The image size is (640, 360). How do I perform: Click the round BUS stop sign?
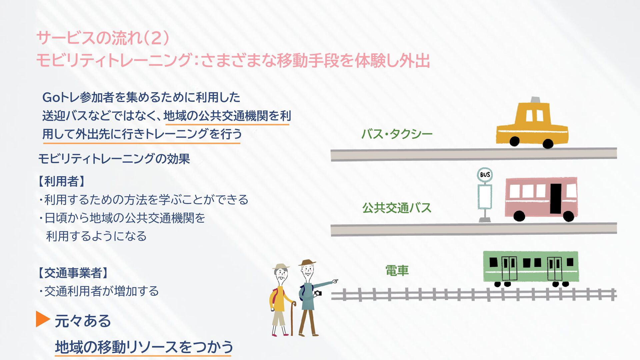click(x=484, y=175)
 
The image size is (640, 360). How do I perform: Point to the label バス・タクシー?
click(x=397, y=134)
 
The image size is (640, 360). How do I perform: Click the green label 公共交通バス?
click(x=397, y=208)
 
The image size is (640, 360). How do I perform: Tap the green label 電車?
click(x=397, y=271)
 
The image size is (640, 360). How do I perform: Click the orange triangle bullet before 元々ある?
click(x=43, y=319)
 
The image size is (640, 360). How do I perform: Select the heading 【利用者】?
click(x=62, y=182)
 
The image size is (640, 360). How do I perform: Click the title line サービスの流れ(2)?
click(x=103, y=38)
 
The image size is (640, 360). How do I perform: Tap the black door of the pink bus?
click(x=556, y=198)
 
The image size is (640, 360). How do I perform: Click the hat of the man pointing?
click(x=307, y=263)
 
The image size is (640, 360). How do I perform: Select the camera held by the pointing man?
click(x=318, y=294)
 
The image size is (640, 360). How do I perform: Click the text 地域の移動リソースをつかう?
click(x=144, y=347)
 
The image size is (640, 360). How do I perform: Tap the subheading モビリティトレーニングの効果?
click(x=114, y=159)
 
